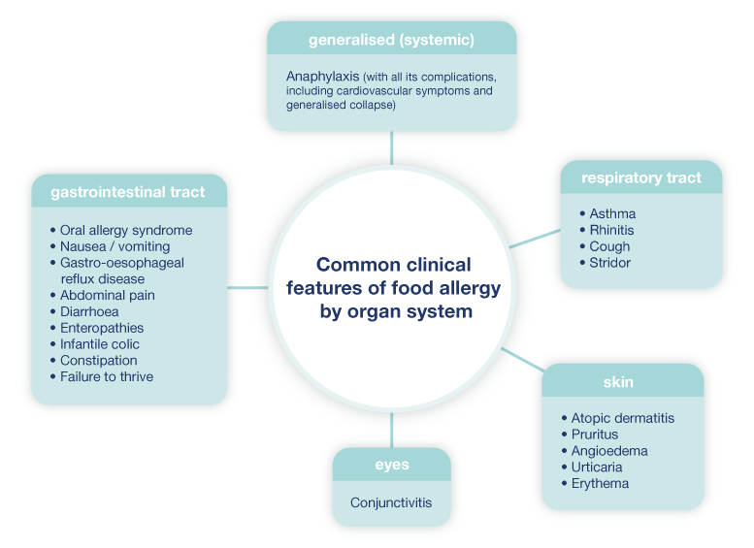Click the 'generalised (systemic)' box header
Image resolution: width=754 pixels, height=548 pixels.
tap(391, 40)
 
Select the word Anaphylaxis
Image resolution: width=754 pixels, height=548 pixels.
tap(323, 76)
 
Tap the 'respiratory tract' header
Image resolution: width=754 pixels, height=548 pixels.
tap(640, 177)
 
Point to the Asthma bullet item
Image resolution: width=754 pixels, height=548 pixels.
tap(612, 213)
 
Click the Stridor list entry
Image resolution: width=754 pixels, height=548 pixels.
tap(609, 263)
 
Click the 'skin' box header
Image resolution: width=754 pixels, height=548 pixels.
tap(618, 381)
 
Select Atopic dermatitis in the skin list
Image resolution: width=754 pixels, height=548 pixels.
tap(622, 418)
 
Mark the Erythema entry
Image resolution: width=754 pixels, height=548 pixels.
tap(600, 484)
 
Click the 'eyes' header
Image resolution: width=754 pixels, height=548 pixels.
tap(391, 465)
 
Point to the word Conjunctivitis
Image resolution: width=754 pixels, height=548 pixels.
tap(391, 502)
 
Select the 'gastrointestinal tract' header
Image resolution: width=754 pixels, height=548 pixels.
tap(128, 192)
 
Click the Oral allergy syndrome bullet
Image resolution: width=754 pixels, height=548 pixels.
tap(126, 231)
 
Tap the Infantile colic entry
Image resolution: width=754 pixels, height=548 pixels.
tap(100, 344)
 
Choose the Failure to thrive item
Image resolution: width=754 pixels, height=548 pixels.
tap(107, 377)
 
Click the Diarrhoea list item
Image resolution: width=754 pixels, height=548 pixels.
tap(89, 311)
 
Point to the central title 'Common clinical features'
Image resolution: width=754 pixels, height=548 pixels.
tap(394, 288)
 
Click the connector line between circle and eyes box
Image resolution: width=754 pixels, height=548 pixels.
tap(391, 430)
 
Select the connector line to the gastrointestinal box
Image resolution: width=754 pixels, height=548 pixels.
tap(247, 287)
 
